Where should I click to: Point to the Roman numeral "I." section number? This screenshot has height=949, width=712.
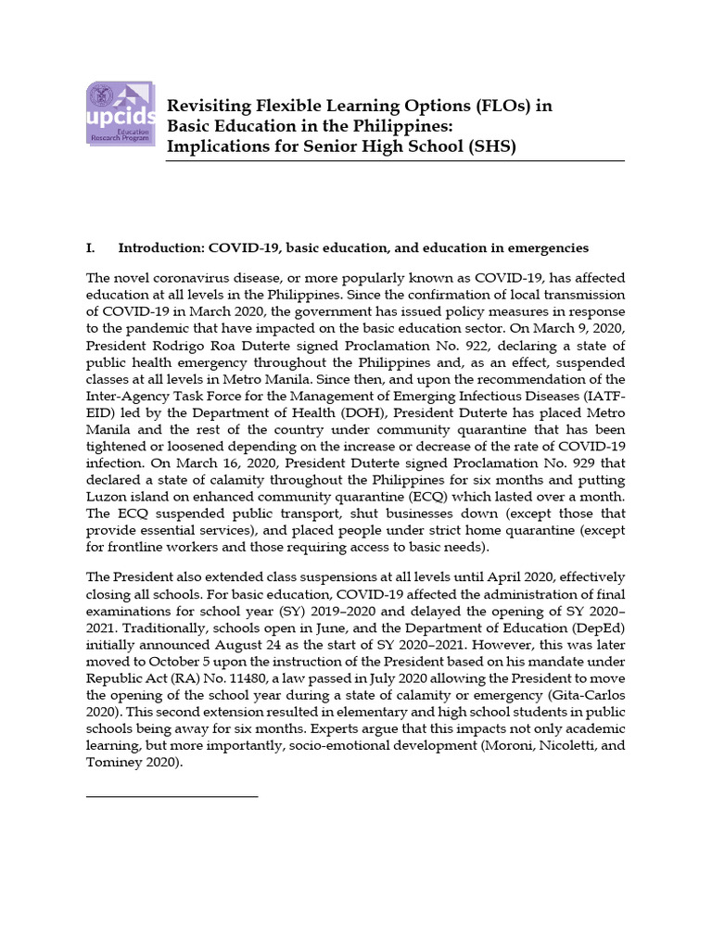(x=91, y=248)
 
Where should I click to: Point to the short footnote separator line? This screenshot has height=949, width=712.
(x=172, y=795)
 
